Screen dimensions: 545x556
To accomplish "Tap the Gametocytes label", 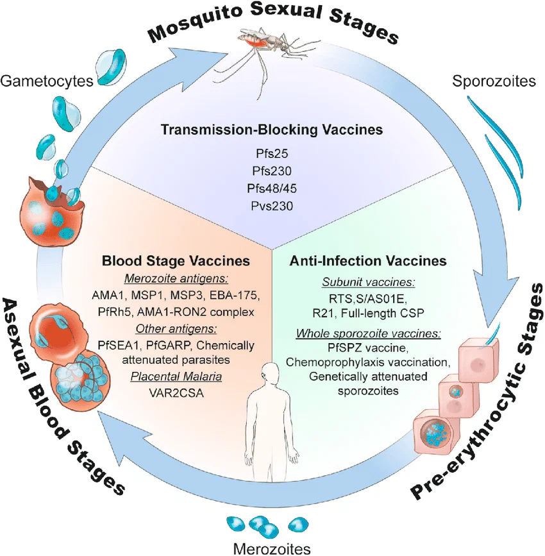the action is (47, 81).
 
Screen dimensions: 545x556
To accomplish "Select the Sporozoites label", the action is (494, 81).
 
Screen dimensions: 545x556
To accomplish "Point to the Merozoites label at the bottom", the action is (272, 548).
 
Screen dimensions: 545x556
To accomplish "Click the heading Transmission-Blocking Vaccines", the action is (272, 130).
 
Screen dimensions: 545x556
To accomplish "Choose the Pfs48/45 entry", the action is (272, 189).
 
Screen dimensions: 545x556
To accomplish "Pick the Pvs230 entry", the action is (272, 206).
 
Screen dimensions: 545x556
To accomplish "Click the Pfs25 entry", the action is (272, 153).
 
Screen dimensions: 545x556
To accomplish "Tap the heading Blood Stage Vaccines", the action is (176, 260).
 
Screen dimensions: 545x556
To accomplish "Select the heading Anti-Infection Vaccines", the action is (368, 260).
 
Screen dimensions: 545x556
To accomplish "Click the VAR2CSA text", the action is (176, 393).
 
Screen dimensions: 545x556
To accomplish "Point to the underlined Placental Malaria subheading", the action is (176, 376).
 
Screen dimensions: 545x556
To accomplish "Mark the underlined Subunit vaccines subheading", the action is (369, 282).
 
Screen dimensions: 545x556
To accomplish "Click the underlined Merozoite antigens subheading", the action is (176, 279).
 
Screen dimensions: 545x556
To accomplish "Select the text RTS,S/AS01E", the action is (368, 299).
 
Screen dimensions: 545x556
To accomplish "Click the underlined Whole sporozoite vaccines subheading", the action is (369, 333).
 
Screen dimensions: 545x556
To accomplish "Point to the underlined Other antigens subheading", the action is (176, 329).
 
